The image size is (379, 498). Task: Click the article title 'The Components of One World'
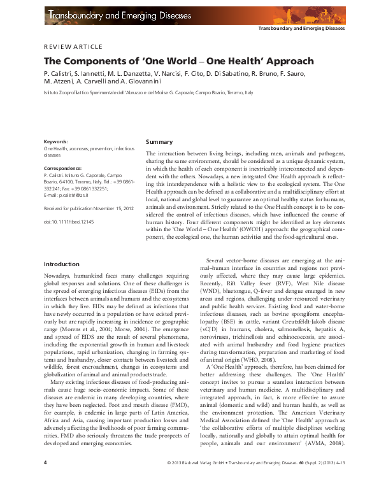pyautogui.click(x=169, y=62)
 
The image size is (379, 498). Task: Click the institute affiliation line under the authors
pyautogui.click(x=148, y=93)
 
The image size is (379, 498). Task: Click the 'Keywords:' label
pyautogui.click(x=56, y=141)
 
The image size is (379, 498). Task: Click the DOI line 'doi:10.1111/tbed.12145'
pyautogui.click(x=68, y=220)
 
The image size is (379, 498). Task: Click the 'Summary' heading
pyautogui.click(x=159, y=141)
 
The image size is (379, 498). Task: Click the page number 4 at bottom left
pyautogui.click(x=45, y=480)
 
